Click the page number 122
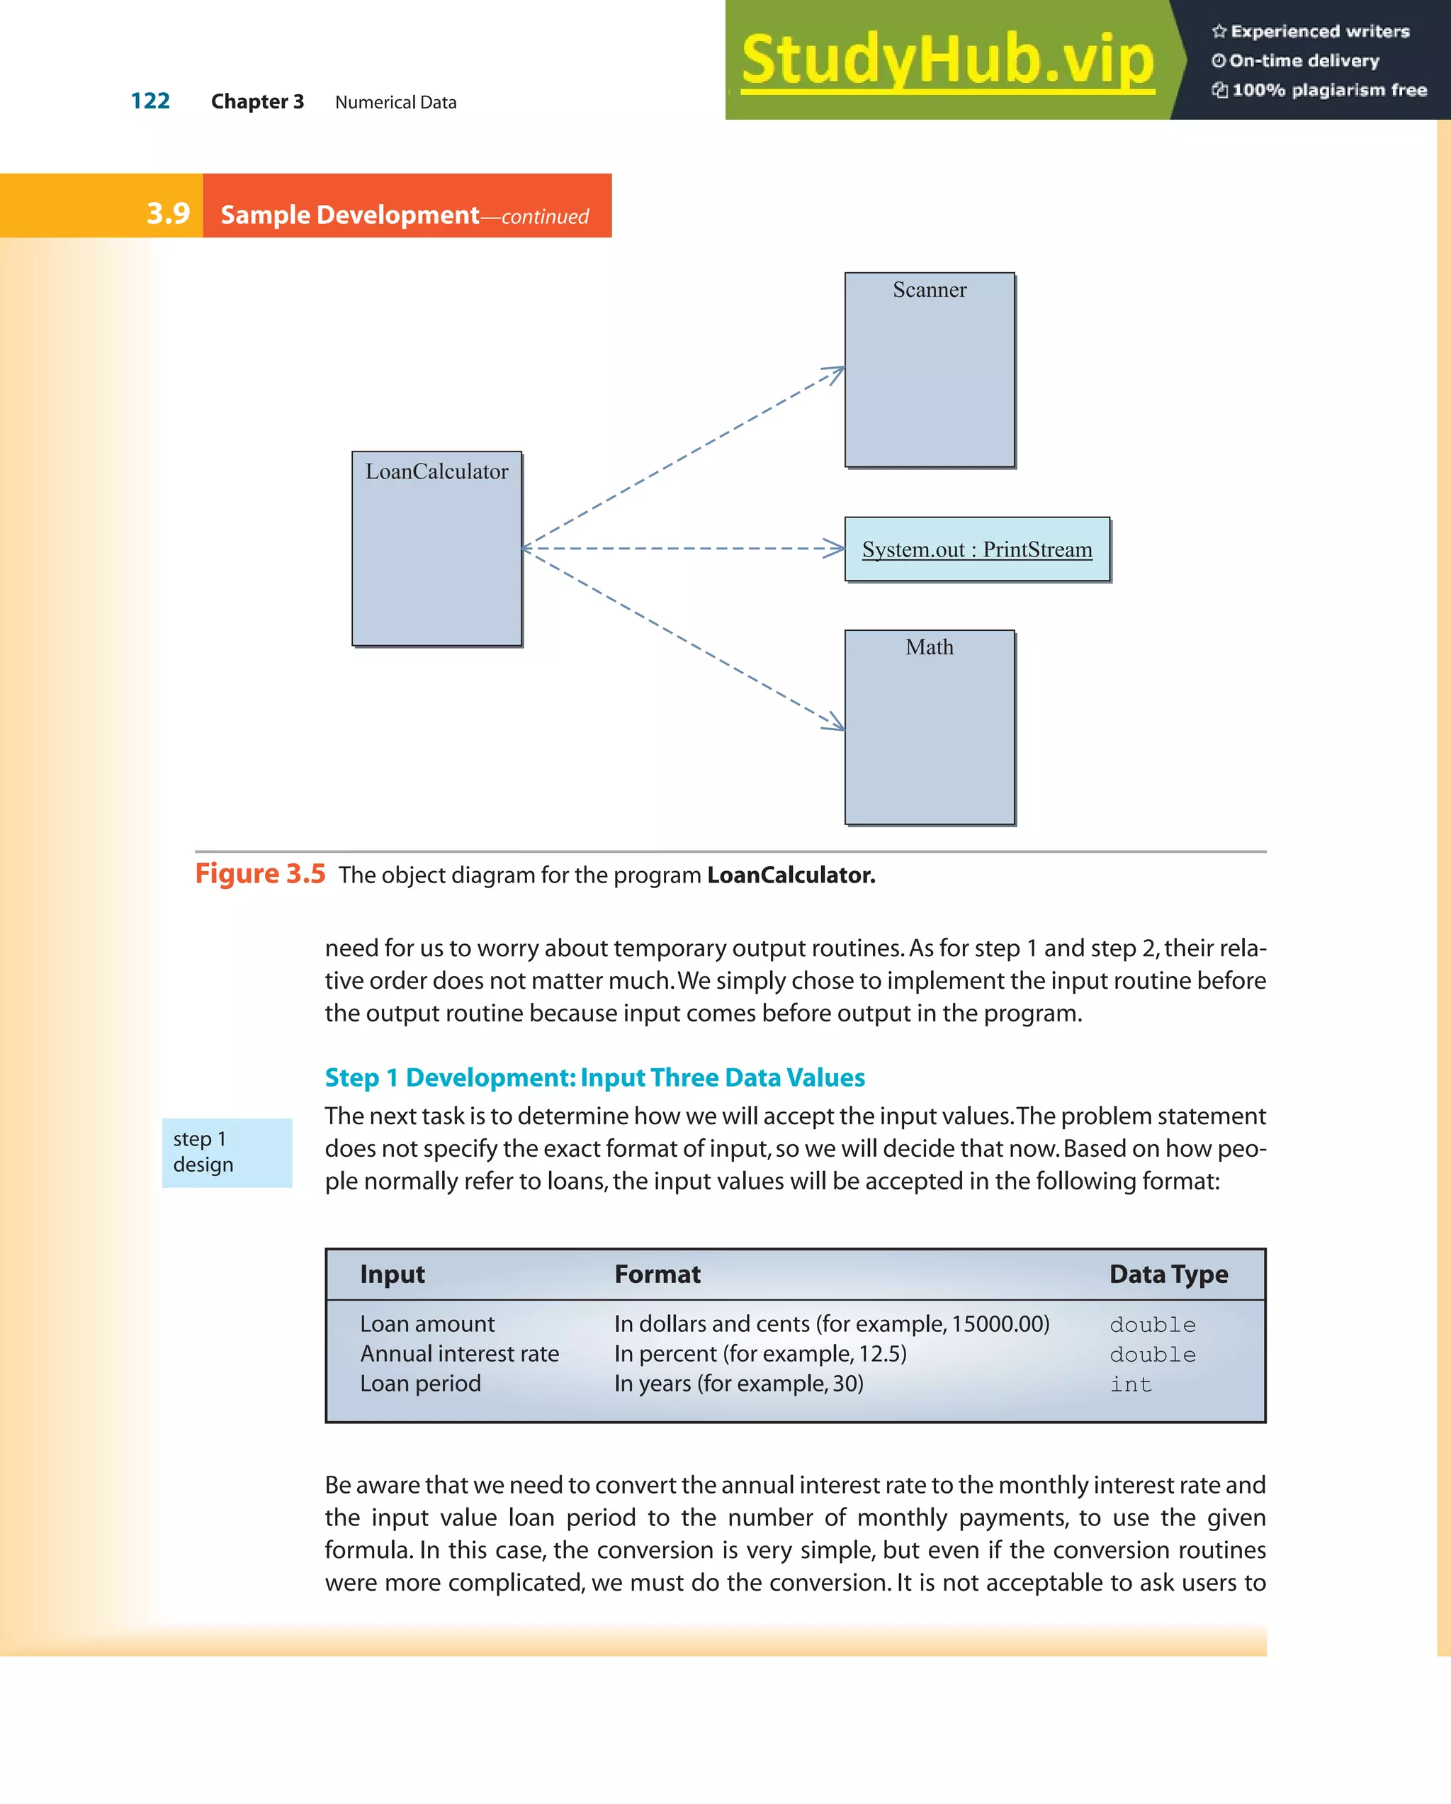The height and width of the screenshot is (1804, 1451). coord(150,101)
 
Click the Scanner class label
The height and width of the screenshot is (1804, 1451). coord(929,289)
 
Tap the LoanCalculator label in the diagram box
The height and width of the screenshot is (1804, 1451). coord(436,471)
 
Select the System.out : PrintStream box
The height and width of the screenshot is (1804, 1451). coord(977,549)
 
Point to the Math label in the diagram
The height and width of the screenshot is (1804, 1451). coord(929,646)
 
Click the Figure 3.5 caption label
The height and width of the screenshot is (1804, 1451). coord(260,873)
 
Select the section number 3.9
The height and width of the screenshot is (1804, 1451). coord(168,213)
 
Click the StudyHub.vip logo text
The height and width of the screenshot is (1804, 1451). coord(947,60)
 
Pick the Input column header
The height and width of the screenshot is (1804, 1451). coord(393,1274)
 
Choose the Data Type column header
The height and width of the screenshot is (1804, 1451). coord(1168,1274)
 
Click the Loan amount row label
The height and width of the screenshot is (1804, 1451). coord(427,1323)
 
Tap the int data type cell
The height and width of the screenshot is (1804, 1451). coord(1131,1385)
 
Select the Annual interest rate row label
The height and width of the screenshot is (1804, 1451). coord(459,1354)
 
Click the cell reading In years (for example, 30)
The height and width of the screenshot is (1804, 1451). coord(738,1384)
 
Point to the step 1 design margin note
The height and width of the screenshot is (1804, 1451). coord(203,1152)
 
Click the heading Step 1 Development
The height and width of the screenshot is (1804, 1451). coord(594,1077)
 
